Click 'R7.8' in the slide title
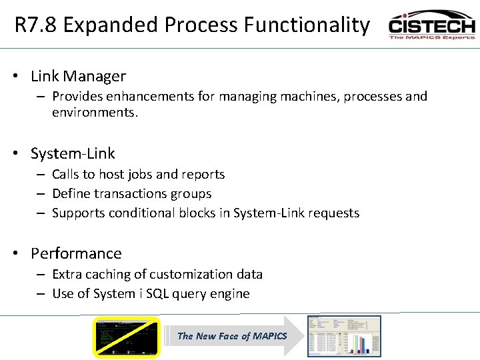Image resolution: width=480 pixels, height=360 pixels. coord(37,25)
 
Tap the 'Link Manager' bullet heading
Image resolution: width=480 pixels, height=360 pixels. coord(78,77)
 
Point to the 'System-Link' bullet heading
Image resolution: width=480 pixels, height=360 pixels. coord(73,154)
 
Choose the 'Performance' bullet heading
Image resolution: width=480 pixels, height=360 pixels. coord(76,254)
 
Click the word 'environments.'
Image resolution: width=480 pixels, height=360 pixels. coord(95,113)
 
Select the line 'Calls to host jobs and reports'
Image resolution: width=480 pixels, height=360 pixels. coord(138,175)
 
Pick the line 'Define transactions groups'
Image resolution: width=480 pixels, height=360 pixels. coord(131,194)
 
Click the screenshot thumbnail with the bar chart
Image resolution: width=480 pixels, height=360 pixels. coord(344,336)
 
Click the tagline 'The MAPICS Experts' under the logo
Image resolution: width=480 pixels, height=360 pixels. coord(431,37)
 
